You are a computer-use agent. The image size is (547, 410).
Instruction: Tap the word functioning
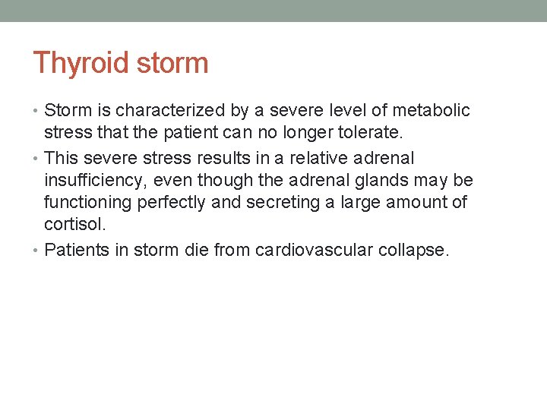point(90,203)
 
